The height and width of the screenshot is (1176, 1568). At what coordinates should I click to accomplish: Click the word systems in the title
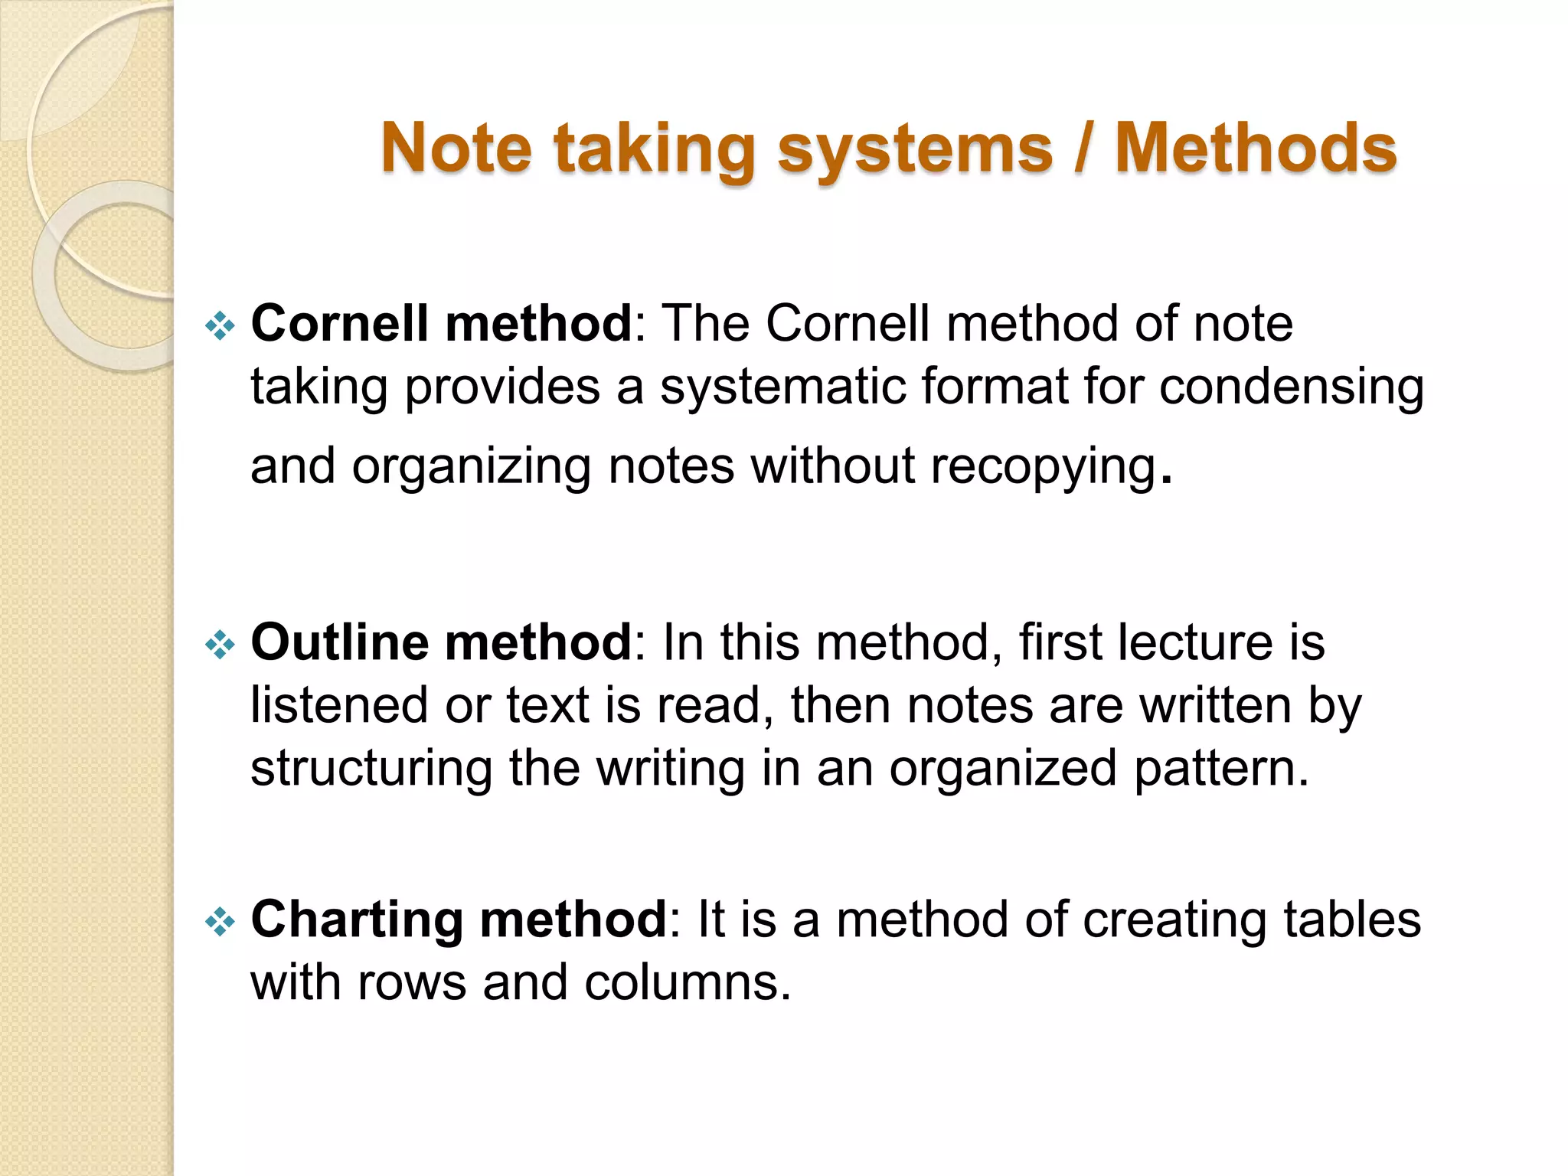click(x=915, y=149)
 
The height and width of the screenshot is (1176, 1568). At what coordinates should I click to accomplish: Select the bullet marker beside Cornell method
click(x=220, y=326)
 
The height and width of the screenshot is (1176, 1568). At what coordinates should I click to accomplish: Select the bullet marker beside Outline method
click(x=220, y=645)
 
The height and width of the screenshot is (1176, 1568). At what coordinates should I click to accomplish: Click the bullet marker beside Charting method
click(x=220, y=922)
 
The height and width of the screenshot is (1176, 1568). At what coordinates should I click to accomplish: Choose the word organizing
click(x=471, y=467)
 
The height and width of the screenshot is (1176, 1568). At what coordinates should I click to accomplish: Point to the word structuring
click(x=371, y=769)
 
